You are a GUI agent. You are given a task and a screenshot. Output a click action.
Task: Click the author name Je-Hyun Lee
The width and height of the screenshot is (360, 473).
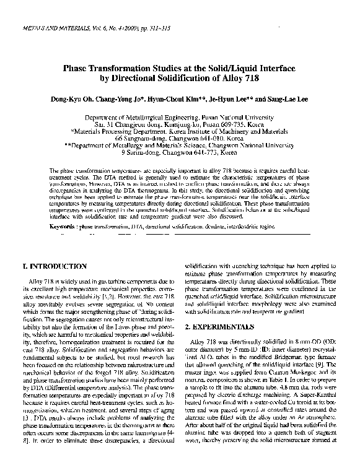coord(230,98)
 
